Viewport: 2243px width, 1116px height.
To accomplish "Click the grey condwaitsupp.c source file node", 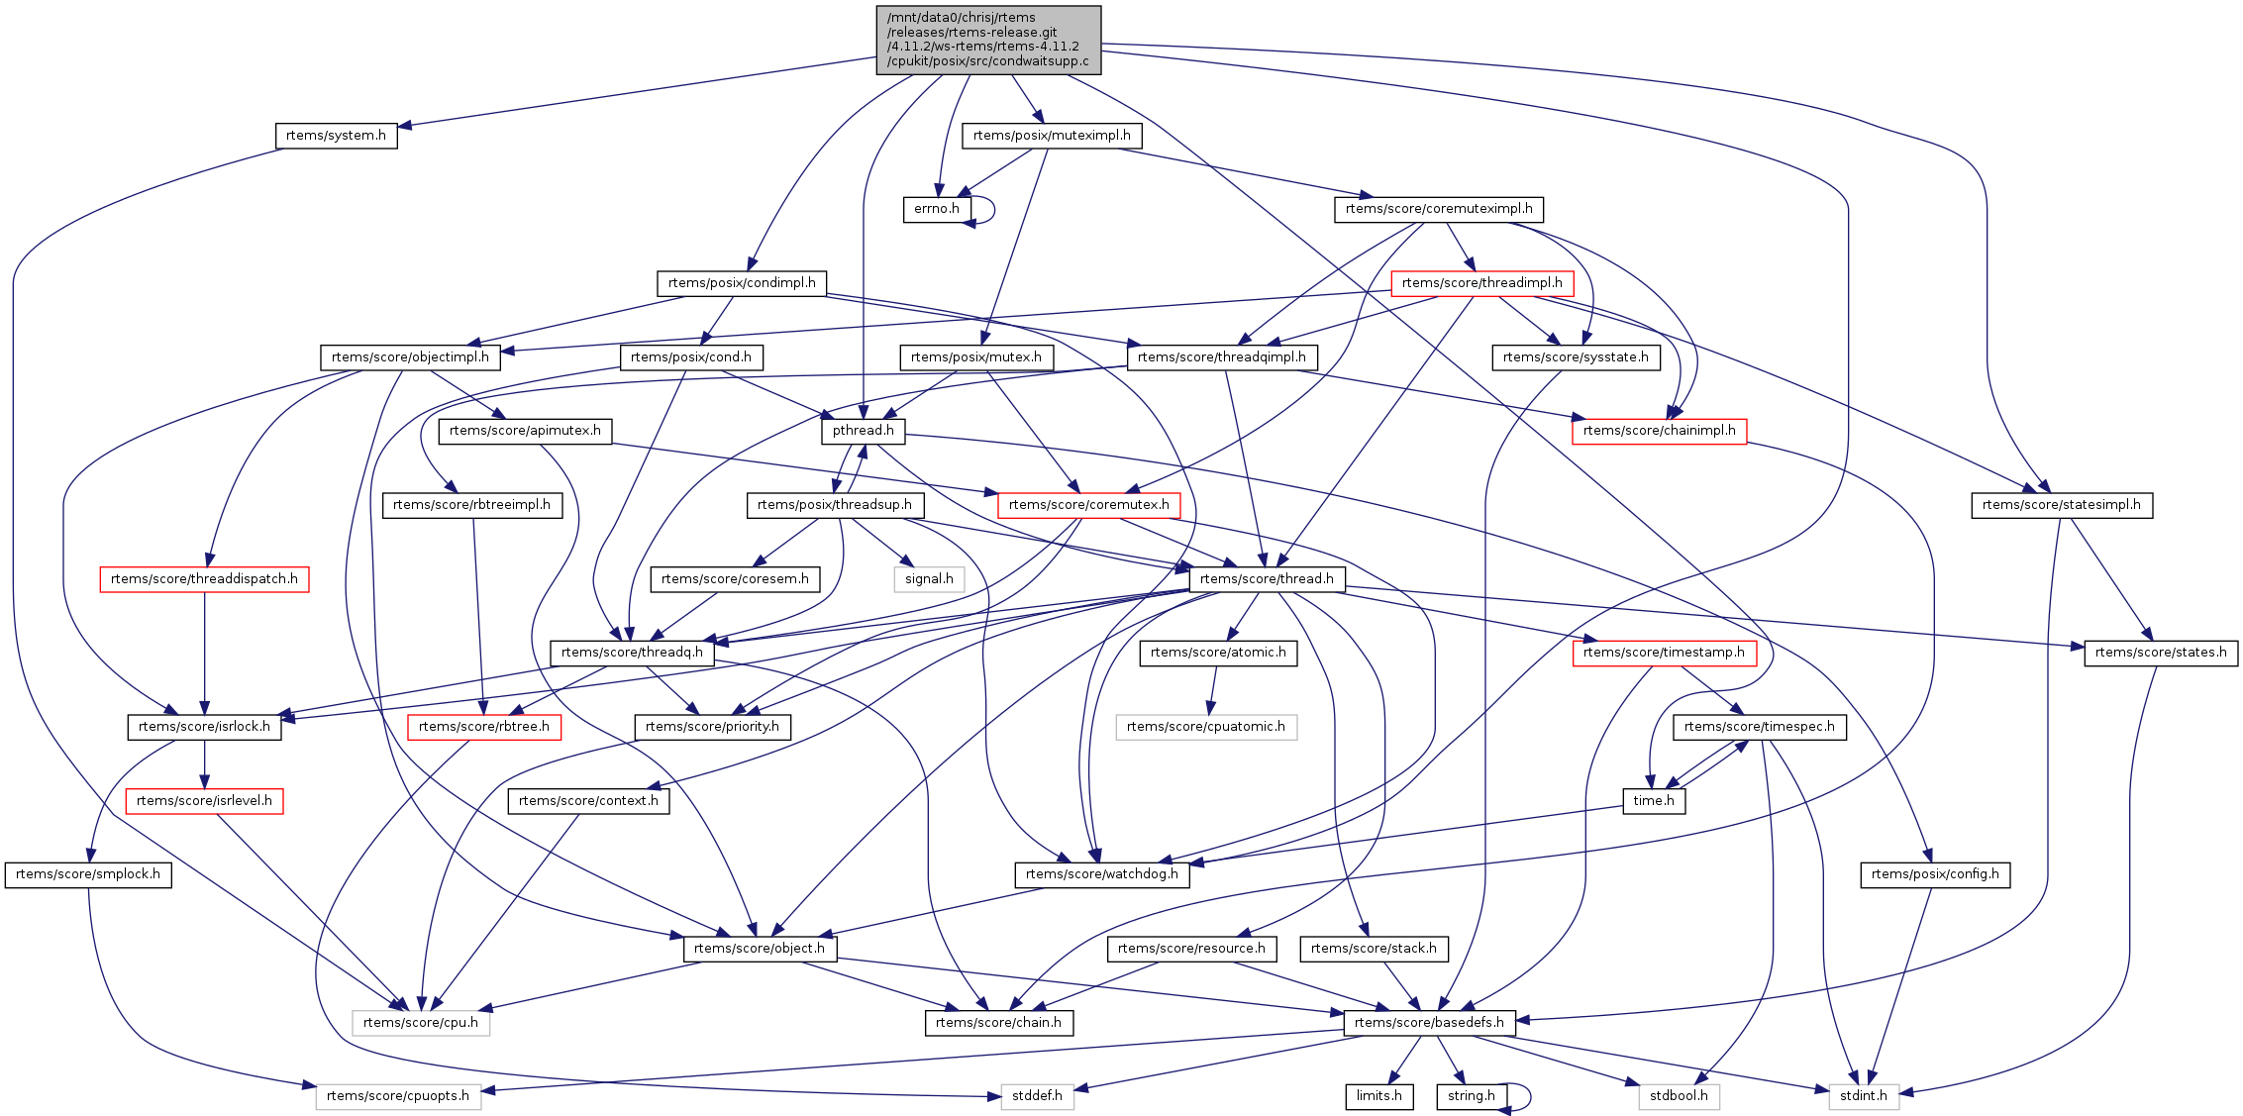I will point(988,40).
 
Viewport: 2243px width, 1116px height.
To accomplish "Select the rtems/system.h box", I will point(336,136).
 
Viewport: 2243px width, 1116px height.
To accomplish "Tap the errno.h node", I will point(936,209).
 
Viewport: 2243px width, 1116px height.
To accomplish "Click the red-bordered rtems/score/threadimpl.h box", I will point(1481,283).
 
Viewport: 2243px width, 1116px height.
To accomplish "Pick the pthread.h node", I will point(863,431).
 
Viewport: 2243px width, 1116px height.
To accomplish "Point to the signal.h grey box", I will point(929,579).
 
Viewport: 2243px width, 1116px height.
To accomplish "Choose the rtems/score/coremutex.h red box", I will point(1088,505).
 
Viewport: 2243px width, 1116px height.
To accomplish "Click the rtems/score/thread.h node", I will point(1267,579).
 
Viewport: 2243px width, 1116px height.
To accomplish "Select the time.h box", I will point(1654,801).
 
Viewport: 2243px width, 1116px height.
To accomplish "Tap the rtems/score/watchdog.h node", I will point(1102,874).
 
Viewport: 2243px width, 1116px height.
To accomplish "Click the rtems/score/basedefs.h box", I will point(1429,1023).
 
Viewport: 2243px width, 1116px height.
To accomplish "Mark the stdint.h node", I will point(1863,1096).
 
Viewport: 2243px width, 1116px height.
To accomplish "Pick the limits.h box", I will point(1378,1096).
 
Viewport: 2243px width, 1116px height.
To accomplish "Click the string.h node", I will point(1471,1096).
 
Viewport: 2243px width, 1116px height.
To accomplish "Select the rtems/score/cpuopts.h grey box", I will point(398,1096).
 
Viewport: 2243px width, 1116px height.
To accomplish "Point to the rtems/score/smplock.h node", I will point(88,874).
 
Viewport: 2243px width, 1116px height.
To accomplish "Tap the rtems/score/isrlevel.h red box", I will point(204,801).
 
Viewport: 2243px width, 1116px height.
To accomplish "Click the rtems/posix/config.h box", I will point(1935,874).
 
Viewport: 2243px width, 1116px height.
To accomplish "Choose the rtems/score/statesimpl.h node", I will point(2061,505).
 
